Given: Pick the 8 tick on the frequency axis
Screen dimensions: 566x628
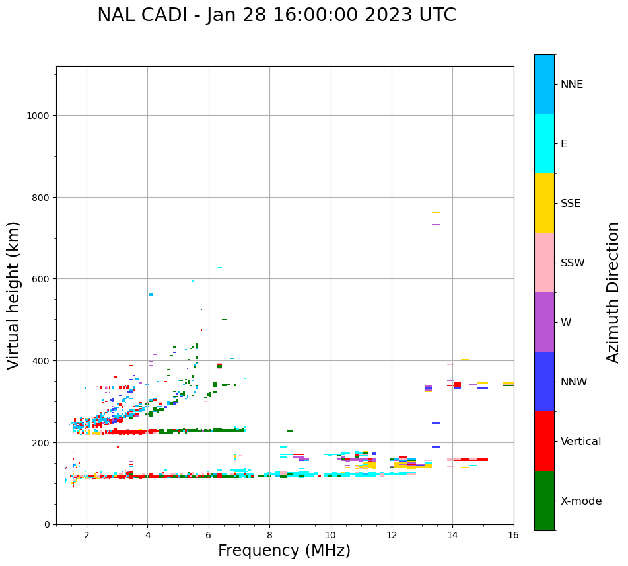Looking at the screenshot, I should click(269, 536).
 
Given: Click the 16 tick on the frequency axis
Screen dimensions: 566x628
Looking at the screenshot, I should click(514, 536).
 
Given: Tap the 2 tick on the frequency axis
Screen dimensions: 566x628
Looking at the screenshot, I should click(87, 536).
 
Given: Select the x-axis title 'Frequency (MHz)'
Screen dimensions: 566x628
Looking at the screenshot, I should click(284, 551).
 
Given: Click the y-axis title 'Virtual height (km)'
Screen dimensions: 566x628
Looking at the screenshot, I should click(14, 295).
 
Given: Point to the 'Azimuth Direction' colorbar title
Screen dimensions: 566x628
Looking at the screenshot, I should click(613, 292).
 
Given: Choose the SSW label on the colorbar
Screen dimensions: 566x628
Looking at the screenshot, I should click(573, 263).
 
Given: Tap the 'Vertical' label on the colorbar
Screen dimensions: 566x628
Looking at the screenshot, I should click(580, 441).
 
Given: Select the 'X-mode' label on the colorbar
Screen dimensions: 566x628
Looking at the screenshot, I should click(581, 501).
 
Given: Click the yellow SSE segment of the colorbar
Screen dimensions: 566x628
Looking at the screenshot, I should click(544, 203).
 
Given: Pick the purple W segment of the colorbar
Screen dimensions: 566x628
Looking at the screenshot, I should click(544, 322).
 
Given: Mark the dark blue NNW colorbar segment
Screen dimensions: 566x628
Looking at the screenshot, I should click(544, 382).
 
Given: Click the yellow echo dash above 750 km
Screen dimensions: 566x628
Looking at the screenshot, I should click(436, 212).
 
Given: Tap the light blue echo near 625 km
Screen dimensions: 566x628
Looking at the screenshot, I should click(219, 268).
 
